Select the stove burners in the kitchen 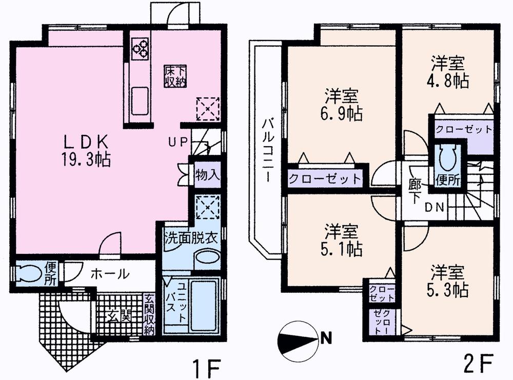pos(140,47)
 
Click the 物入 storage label pos(207,173)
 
